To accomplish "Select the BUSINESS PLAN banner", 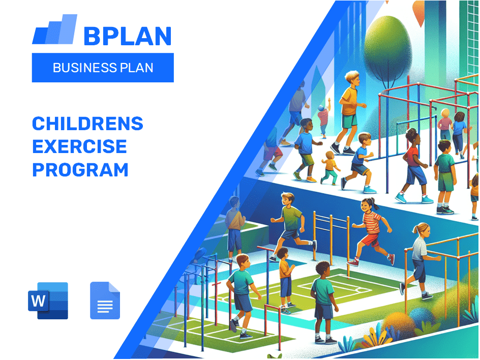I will (x=103, y=68).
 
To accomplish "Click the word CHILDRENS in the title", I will (x=87, y=124).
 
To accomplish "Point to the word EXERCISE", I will (x=79, y=147).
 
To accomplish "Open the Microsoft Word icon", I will (x=48, y=301).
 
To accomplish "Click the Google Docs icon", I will (x=105, y=301).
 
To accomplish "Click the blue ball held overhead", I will (x=320, y=108).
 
